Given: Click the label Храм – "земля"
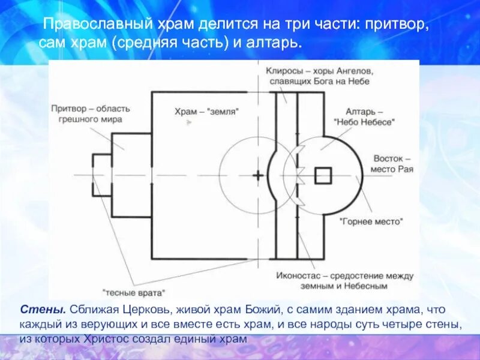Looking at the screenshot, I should click(x=207, y=112).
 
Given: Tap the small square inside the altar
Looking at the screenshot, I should click(x=323, y=175).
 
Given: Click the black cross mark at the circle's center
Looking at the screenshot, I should click(x=257, y=176).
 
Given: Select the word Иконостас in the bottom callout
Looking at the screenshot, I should click(x=297, y=276).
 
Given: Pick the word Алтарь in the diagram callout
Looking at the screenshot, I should click(x=360, y=112).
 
